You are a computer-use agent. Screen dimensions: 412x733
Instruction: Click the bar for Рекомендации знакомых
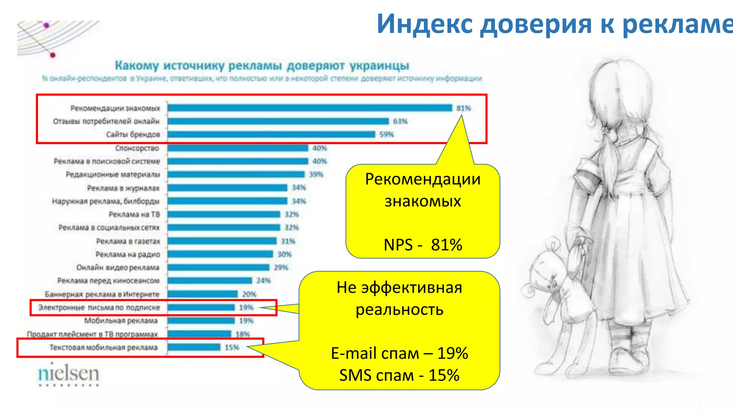[310, 108]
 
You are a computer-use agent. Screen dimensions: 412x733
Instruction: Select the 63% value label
[400, 121]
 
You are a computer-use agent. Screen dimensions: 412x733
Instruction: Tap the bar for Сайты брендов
[271, 134]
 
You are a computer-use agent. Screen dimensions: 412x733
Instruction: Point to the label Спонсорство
[137, 148]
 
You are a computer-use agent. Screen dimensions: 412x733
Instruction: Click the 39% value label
[316, 175]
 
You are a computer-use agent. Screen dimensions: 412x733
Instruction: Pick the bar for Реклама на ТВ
[224, 214]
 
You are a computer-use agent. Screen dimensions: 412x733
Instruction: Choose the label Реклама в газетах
[128, 241]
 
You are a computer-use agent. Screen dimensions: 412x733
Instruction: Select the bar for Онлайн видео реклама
[218, 268]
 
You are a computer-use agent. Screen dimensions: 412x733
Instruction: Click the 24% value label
[263, 281]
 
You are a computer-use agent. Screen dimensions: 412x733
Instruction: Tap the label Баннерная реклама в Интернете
[102, 294]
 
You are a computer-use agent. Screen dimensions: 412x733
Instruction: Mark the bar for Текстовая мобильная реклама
[194, 347]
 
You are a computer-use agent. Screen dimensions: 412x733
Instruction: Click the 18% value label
[243, 334]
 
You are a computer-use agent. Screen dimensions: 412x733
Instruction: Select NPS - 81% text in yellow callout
[423, 245]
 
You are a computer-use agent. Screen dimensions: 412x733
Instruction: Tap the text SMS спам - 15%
[399, 376]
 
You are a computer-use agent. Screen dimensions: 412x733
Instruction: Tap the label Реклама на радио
[128, 255]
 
